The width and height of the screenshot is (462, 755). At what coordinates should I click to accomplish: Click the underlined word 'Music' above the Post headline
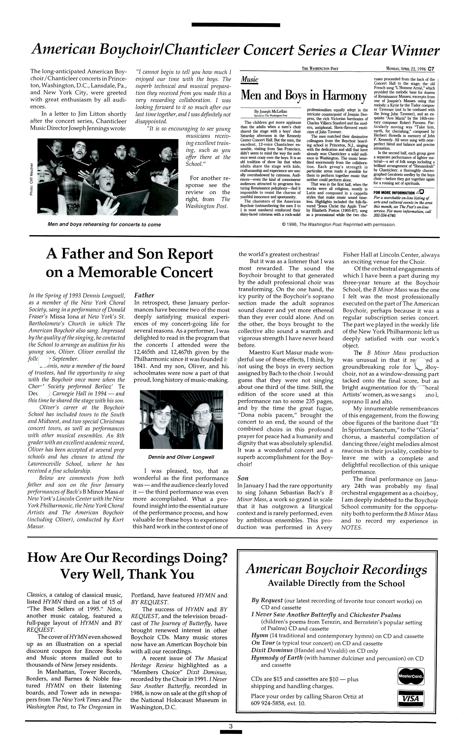click(x=250, y=80)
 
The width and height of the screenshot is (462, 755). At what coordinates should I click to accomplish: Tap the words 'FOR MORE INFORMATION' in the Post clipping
click(x=394, y=193)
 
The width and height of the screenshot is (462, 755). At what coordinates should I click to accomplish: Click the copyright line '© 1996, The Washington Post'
click(x=338, y=225)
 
